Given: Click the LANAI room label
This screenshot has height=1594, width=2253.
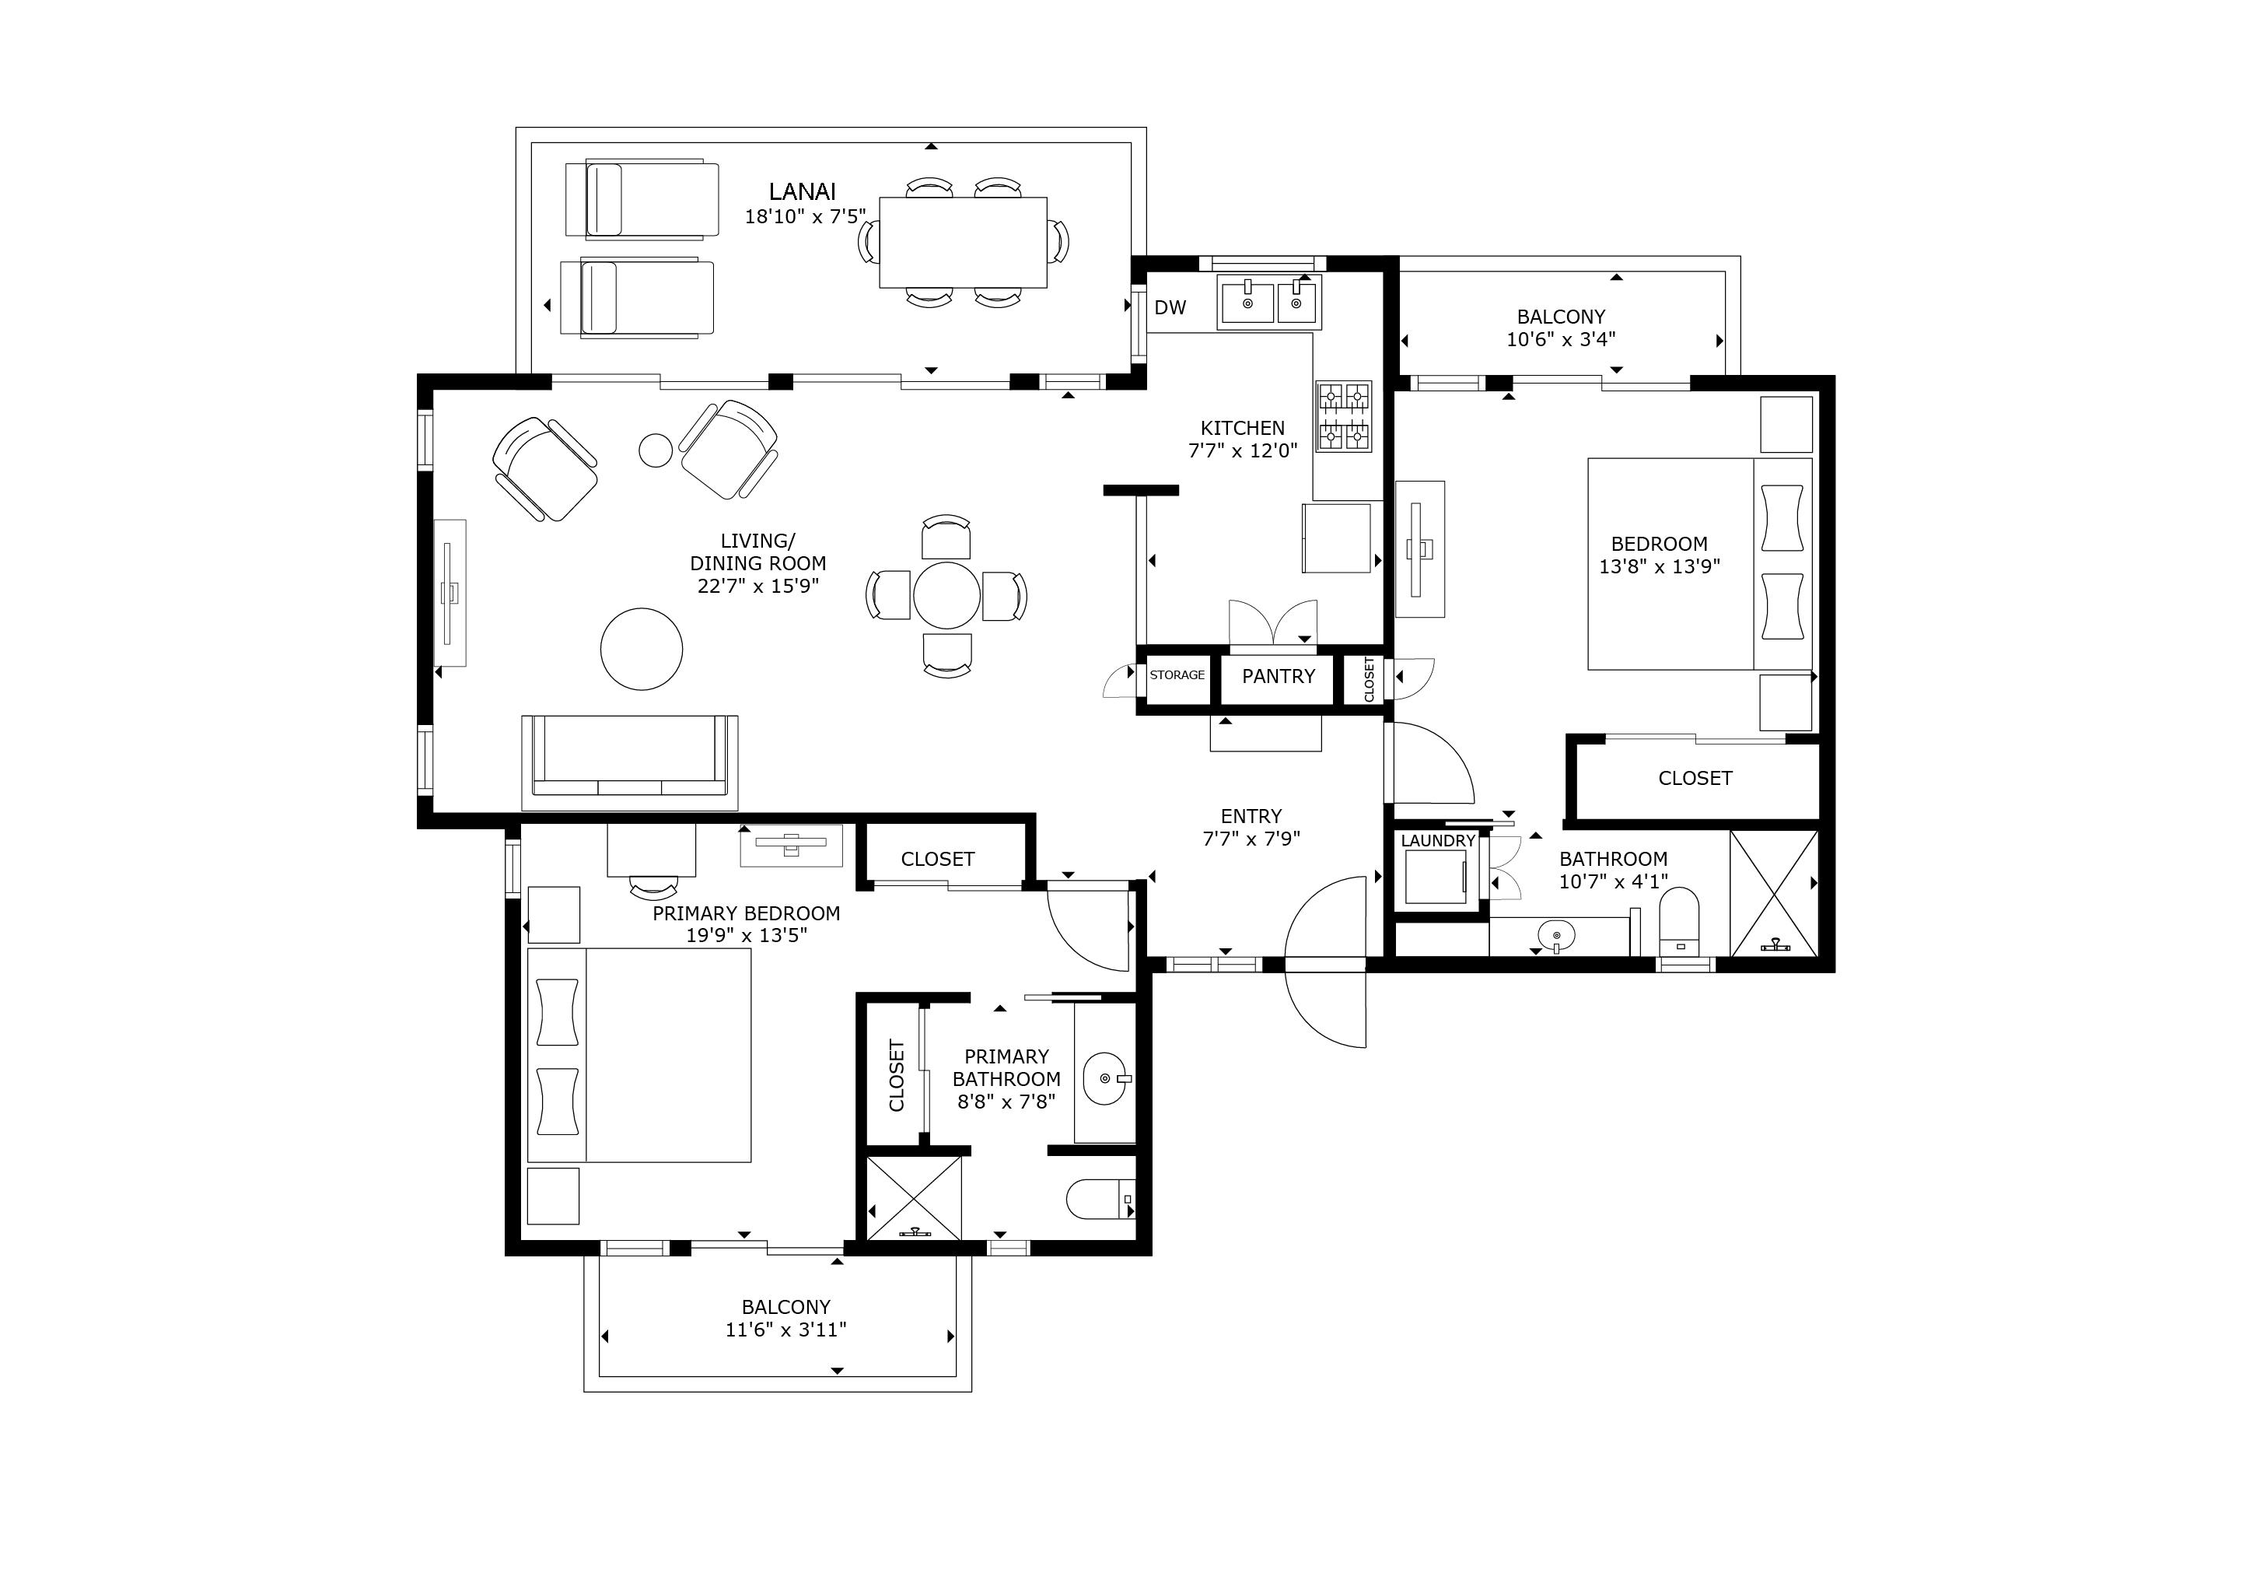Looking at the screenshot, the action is [802, 191].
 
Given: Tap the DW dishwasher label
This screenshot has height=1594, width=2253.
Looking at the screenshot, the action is [1170, 307].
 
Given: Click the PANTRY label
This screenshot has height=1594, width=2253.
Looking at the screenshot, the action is [1278, 676].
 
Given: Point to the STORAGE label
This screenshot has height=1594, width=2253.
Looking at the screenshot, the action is [1177, 675].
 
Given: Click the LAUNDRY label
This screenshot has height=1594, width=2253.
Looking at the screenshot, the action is [1437, 840].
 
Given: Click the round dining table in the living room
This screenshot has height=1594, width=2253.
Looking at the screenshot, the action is [946, 595].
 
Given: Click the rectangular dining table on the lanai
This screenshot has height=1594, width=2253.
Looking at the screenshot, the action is [963, 243].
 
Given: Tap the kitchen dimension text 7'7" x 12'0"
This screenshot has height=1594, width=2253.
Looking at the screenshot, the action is [1242, 450].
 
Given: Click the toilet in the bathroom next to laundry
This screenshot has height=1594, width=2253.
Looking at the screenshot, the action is [1678, 920].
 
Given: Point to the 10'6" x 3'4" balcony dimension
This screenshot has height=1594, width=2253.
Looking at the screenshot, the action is [1561, 340].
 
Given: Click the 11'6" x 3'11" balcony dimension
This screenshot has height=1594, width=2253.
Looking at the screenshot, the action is [785, 1330].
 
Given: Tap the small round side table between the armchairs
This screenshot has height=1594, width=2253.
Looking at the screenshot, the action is [656, 450].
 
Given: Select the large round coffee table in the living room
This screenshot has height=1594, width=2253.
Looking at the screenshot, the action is [642, 649].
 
